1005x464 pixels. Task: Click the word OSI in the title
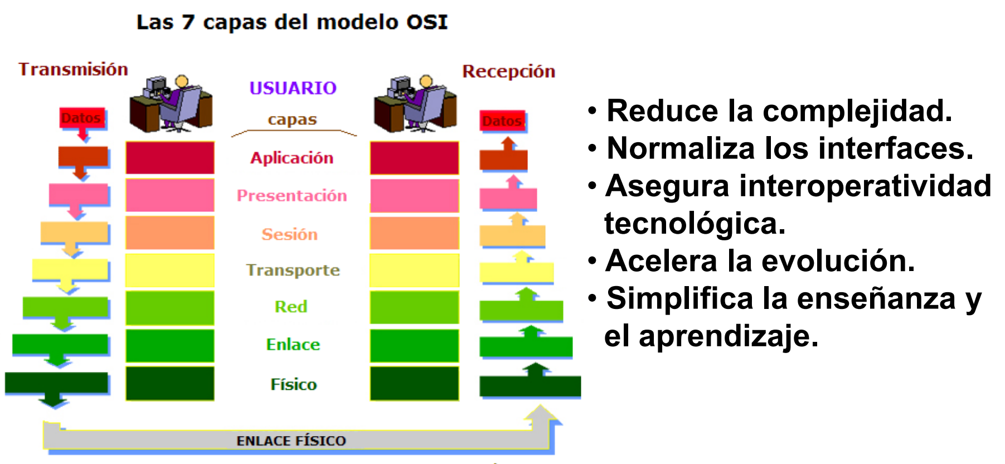point(426,22)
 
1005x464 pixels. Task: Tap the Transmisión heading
point(73,69)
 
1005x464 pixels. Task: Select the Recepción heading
point(508,71)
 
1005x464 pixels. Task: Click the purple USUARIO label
point(293,88)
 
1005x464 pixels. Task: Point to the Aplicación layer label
point(292,158)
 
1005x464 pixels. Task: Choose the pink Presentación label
point(292,195)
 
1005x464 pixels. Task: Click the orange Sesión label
point(289,234)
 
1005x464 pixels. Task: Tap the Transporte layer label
point(293,270)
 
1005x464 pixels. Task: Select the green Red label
point(290,306)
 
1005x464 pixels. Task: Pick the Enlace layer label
point(293,344)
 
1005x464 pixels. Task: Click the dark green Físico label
point(293,384)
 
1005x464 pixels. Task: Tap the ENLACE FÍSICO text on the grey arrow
point(291,441)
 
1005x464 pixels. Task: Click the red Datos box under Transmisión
point(82,118)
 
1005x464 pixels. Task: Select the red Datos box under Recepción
point(502,121)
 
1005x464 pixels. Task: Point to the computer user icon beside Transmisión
point(171,104)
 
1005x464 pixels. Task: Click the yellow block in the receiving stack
point(414,270)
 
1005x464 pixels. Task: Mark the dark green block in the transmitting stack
point(170,383)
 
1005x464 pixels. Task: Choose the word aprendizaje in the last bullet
point(729,336)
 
